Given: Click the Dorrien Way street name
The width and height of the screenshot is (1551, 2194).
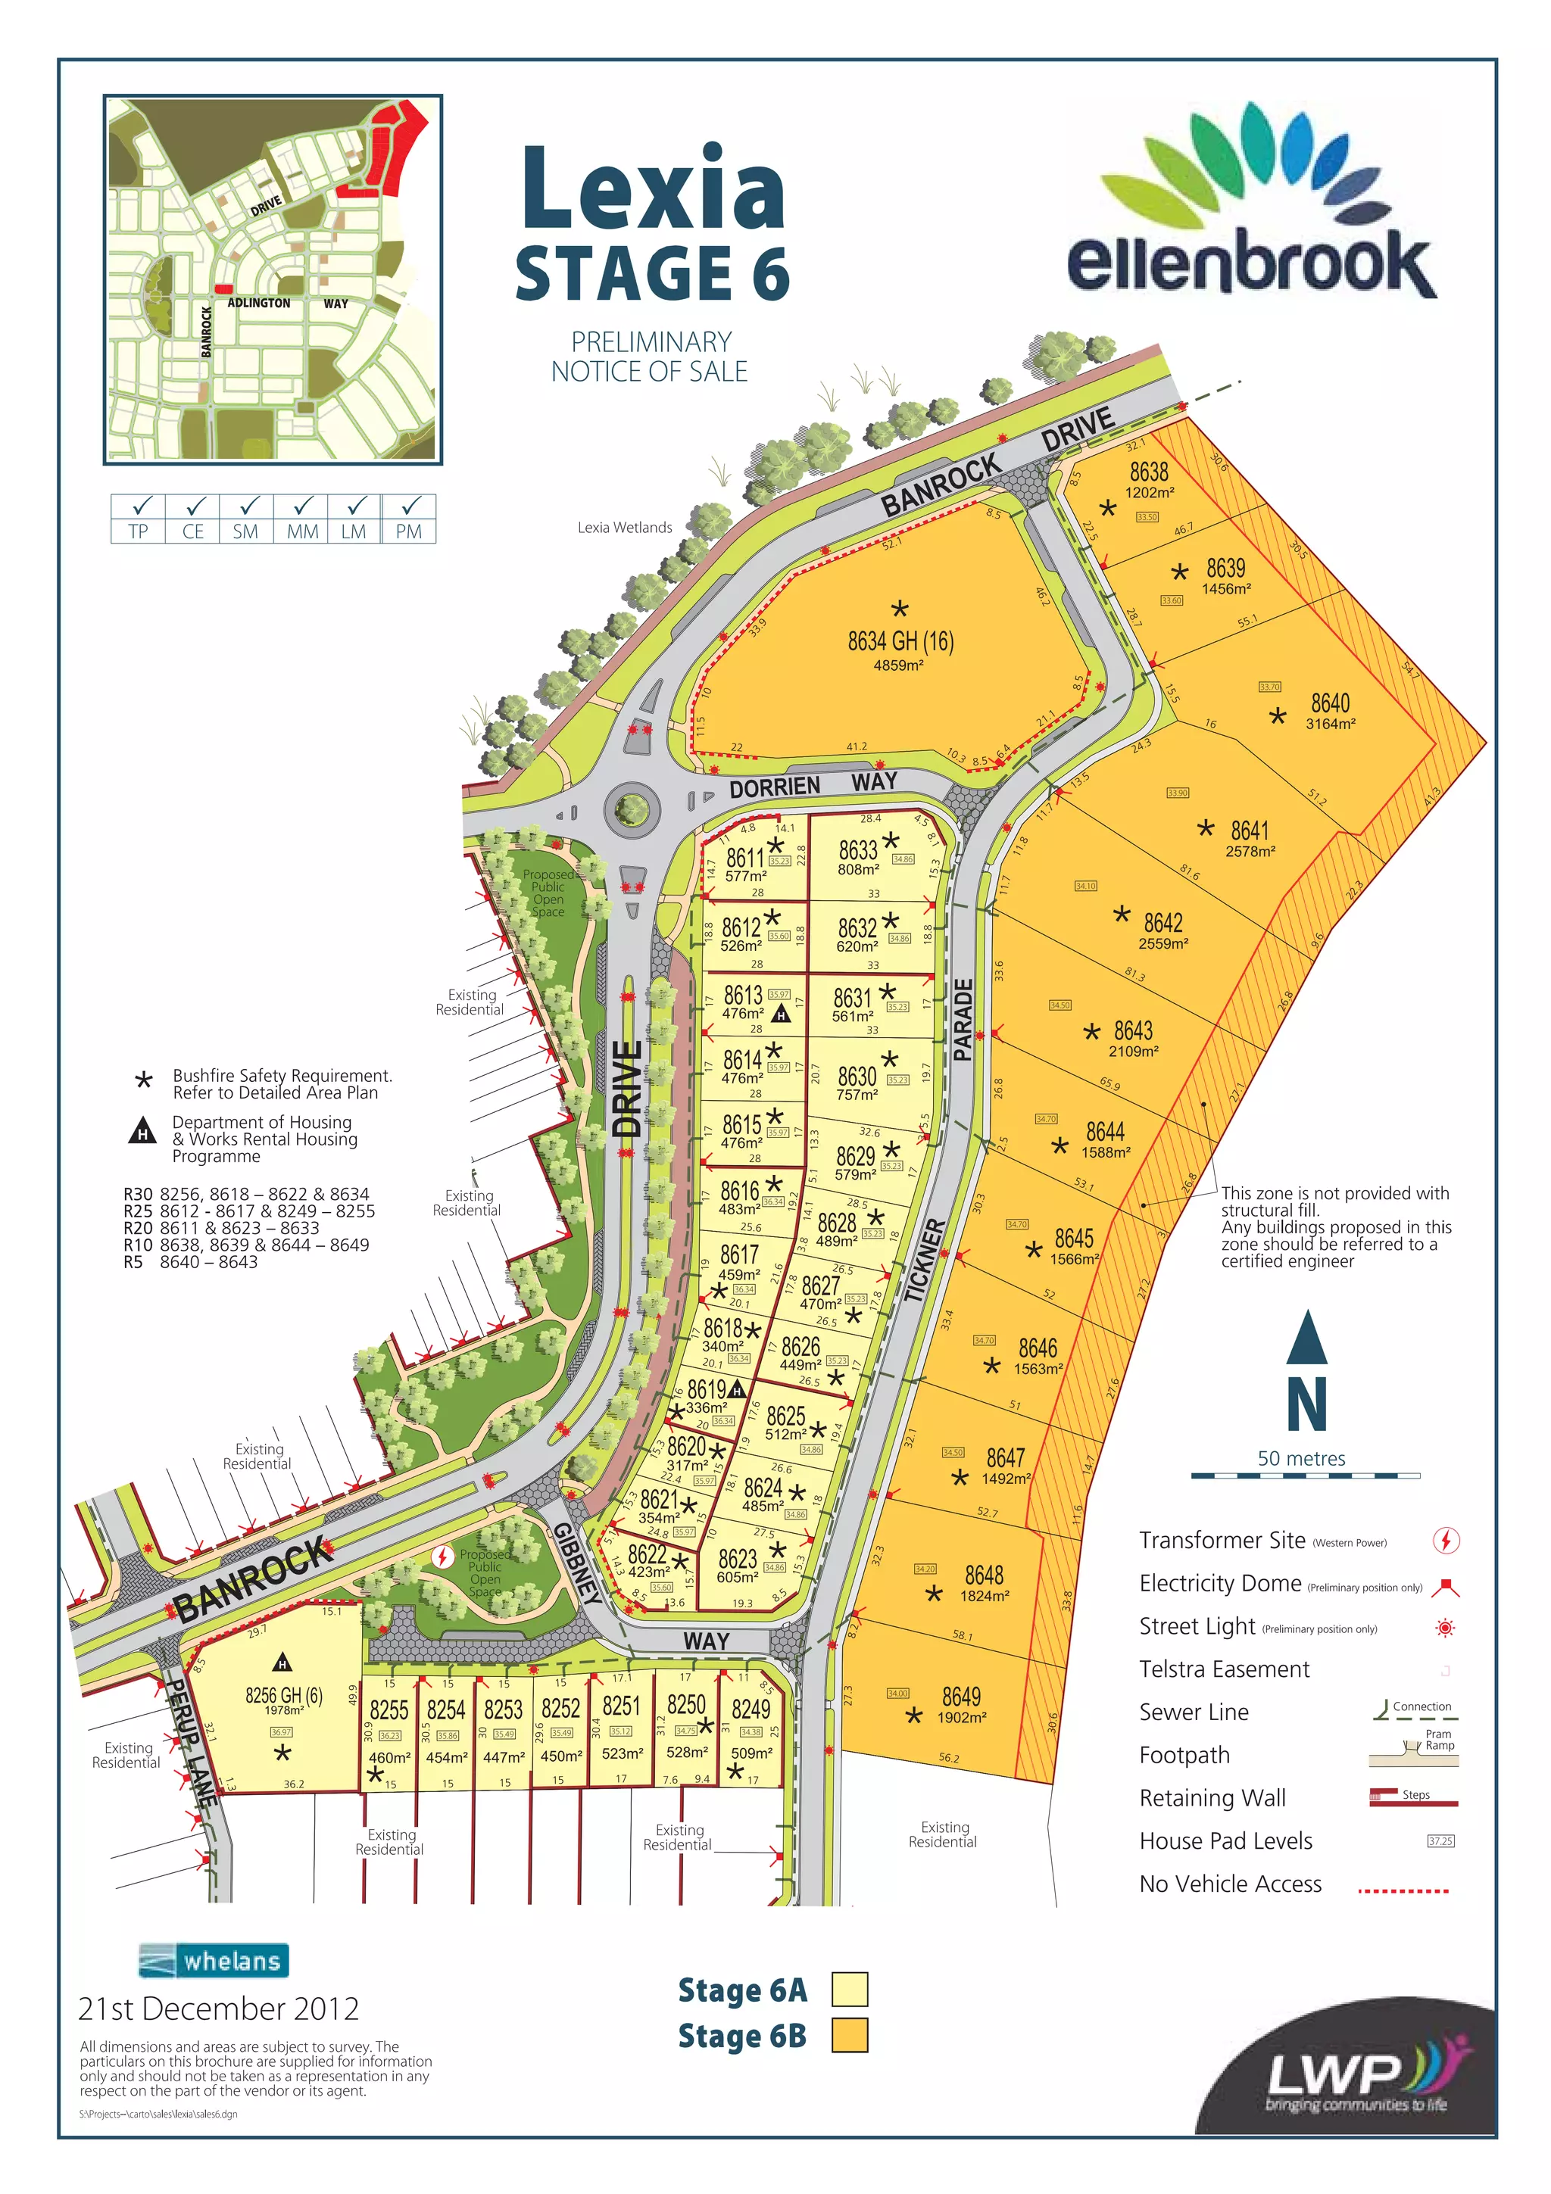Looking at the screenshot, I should [x=813, y=784].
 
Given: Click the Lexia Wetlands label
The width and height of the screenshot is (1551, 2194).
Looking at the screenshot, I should [x=624, y=528].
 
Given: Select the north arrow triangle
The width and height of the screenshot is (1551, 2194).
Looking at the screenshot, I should [x=1306, y=1337].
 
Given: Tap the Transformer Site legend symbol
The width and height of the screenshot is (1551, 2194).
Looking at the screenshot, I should [x=1445, y=1541].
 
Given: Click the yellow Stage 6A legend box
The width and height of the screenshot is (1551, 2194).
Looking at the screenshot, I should [x=850, y=1990].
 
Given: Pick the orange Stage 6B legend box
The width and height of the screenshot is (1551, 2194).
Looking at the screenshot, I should [x=850, y=2035].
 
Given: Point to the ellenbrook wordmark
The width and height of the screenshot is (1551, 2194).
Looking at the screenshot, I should [x=1251, y=261].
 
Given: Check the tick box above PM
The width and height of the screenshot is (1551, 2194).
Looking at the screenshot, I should [x=409, y=506].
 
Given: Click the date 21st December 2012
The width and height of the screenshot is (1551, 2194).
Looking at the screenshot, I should [x=218, y=2009].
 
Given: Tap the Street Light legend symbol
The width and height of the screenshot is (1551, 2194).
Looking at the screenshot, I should [x=1445, y=1628].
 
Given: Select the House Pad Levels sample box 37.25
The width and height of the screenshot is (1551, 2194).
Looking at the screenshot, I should [x=1440, y=1840].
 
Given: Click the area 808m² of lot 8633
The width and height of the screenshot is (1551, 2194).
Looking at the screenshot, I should [x=857, y=870].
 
